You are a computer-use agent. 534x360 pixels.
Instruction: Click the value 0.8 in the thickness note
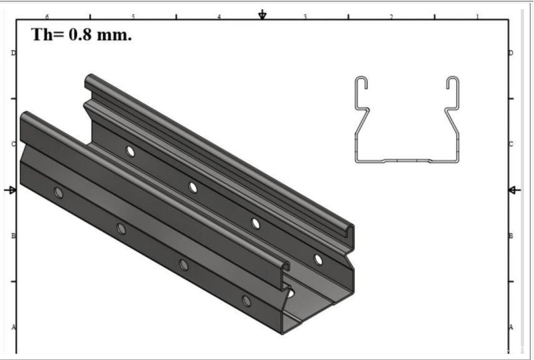pos(80,34)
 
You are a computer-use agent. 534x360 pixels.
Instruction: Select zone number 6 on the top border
pos(47,16)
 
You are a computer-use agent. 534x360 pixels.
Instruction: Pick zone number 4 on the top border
pos(219,16)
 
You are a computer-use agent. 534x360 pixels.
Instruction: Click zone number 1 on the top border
pos(477,16)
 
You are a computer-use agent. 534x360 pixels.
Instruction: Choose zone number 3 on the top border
pos(305,16)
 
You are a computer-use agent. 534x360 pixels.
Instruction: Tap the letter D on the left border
pos(14,53)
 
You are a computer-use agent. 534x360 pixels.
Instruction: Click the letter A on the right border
pos(511,328)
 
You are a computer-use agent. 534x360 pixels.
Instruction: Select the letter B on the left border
pos(14,236)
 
